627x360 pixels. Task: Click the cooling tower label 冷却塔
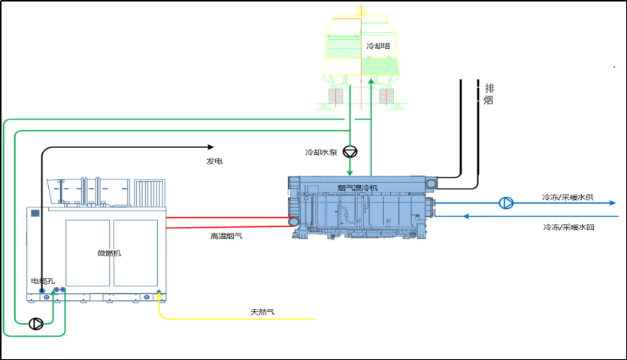377,47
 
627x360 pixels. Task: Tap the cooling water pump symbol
350,151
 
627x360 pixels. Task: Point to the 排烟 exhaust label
489,94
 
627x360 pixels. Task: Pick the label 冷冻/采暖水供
568,198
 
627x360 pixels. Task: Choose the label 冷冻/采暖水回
568,226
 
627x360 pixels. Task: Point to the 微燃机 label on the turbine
110,253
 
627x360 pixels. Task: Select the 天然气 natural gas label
261,311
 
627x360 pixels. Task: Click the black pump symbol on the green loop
35,324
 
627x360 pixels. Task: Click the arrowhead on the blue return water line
466,216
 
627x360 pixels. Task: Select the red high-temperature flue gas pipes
226,222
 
